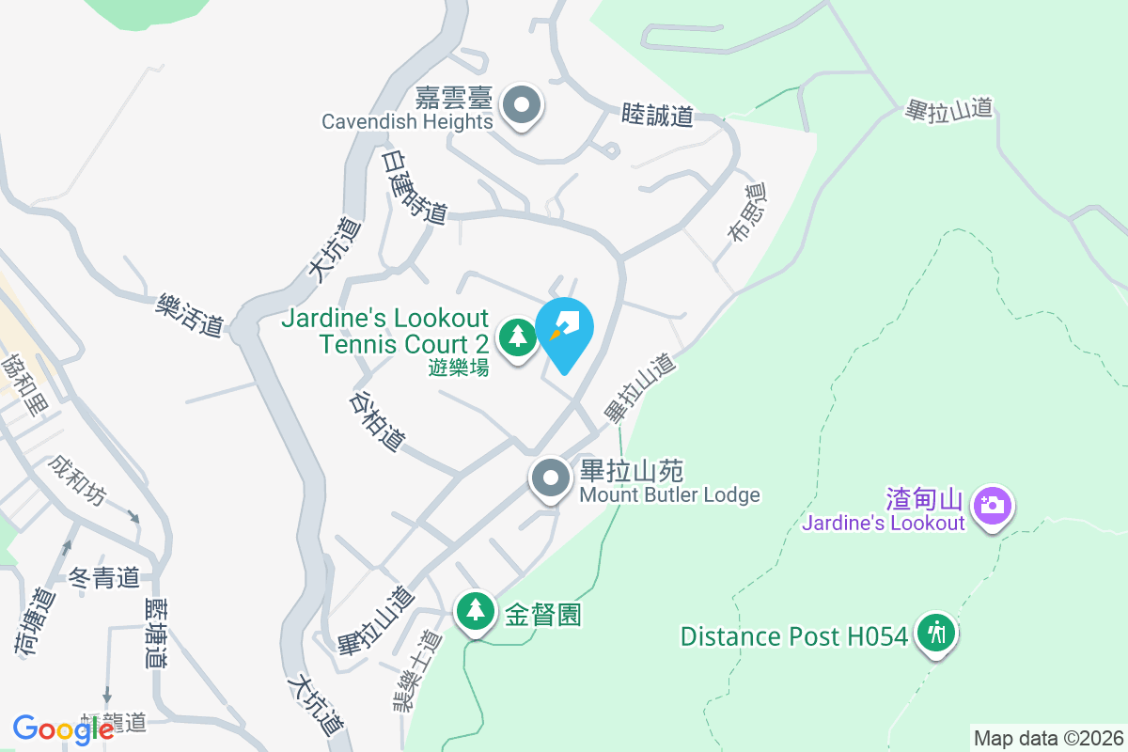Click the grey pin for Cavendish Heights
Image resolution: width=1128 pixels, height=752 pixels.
pos(522,106)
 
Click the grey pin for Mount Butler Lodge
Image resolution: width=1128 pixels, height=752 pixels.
pos(551,479)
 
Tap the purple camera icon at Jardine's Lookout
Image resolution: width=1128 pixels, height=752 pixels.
pos(991,506)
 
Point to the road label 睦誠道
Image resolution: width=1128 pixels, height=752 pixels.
pos(658,116)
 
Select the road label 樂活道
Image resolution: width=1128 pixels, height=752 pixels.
pos(191,314)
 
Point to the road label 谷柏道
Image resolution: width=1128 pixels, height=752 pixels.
pos(377,420)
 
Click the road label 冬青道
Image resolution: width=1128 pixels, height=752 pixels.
pos(104,577)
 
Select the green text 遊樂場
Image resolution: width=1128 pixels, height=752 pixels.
pos(459,368)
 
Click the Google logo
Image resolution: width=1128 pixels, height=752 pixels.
pos(63,728)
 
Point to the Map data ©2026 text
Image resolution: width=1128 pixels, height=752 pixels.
pos(1047,738)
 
